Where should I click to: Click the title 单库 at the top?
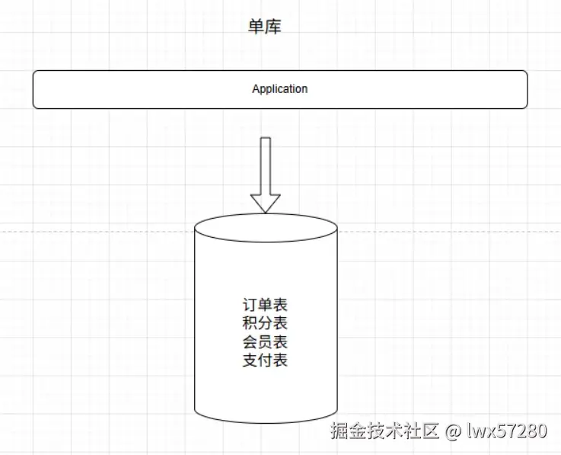click(x=265, y=27)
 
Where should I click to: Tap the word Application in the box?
click(x=280, y=89)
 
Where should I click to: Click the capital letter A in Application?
click(x=256, y=89)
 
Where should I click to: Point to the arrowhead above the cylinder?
click(x=266, y=203)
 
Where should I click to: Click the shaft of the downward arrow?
click(x=266, y=165)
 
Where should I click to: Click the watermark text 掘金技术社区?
click(x=385, y=431)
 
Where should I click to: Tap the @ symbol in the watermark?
click(x=453, y=431)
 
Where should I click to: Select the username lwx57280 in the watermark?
click(x=506, y=431)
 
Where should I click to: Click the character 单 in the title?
click(x=257, y=27)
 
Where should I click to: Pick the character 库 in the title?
click(x=274, y=27)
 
